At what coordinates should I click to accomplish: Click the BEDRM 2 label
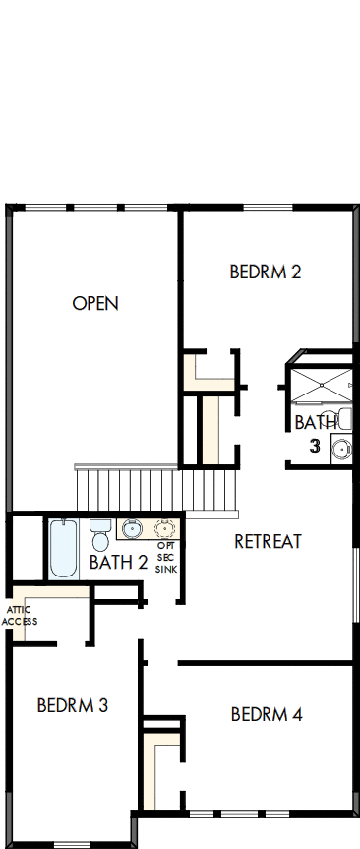tap(265, 272)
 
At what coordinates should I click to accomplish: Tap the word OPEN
tap(95, 303)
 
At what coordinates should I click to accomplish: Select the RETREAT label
tap(268, 541)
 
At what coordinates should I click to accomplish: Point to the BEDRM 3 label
tap(72, 705)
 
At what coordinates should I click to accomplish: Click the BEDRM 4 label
tap(267, 714)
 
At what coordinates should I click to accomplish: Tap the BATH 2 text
tap(118, 563)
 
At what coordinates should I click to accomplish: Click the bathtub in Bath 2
tap(63, 548)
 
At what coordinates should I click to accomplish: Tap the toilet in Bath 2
tap(99, 537)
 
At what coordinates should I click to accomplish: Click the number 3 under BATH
tap(315, 446)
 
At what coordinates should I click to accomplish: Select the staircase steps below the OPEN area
tap(157, 489)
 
